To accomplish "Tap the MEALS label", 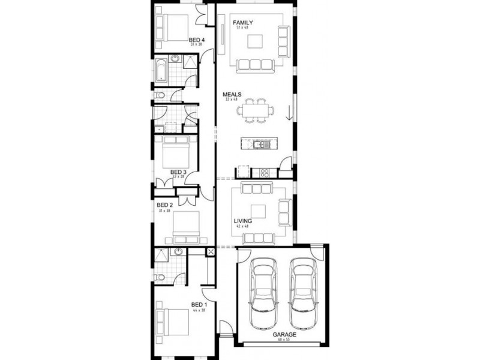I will (232, 95).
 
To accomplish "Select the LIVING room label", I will (243, 221).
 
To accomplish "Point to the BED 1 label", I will (199, 305).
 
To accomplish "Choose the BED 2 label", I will (165, 205).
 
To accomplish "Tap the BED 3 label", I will (178, 172).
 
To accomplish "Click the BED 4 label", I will (197, 40).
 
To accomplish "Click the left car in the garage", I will (265, 293).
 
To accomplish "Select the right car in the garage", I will (303, 293).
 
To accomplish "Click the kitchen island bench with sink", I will (258, 144).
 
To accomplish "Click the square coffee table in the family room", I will (256, 41).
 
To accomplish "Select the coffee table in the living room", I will (259, 211).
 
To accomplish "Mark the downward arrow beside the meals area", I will (289, 112).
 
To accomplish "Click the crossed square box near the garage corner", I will (211, 253).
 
